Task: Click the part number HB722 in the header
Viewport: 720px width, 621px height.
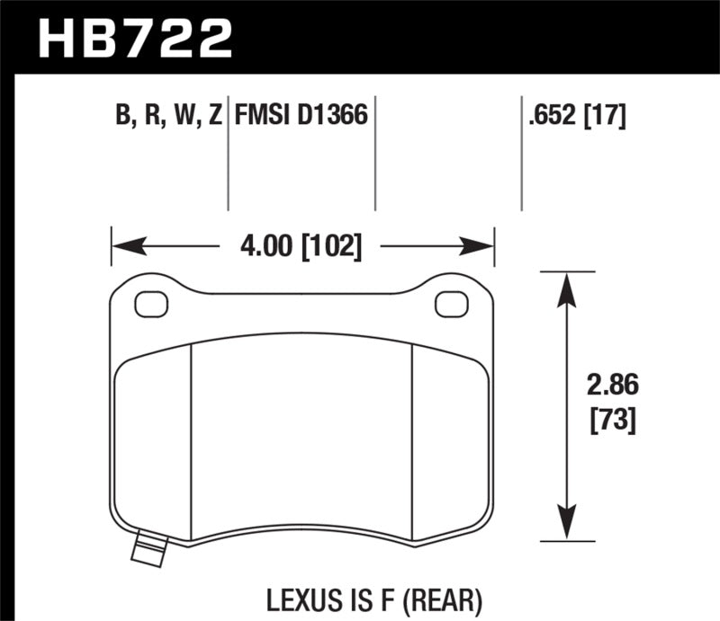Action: click(136, 39)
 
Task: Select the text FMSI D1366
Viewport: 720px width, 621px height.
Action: click(301, 116)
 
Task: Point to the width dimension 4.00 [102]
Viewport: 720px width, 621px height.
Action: click(302, 245)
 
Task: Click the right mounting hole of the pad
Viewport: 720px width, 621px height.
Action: click(446, 305)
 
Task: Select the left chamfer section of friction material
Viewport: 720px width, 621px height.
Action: click(155, 440)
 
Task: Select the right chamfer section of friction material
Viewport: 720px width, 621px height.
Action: click(450, 440)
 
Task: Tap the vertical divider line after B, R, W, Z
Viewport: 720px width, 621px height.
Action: click(229, 153)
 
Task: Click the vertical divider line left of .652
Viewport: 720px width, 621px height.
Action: click(522, 153)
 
